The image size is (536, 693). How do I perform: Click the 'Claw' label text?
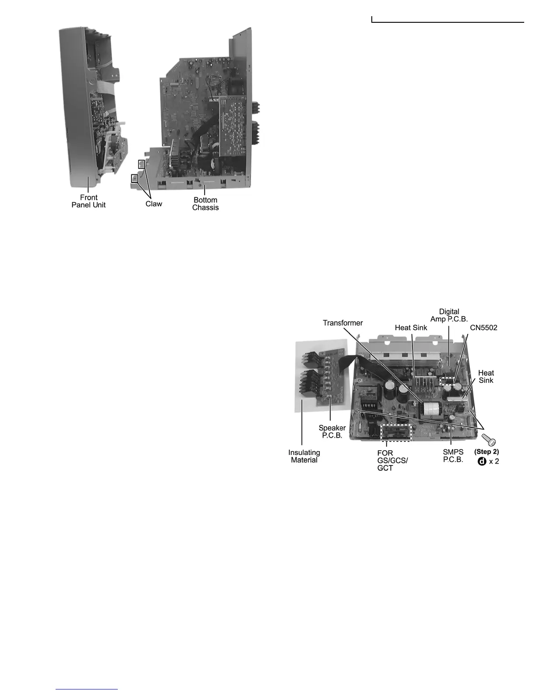coord(154,204)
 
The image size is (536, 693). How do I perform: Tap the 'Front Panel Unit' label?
coord(88,201)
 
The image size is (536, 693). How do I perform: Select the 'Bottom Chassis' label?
coord(205,204)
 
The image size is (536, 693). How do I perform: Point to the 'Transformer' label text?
coord(343,323)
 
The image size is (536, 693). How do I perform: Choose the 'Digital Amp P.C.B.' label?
coord(449,315)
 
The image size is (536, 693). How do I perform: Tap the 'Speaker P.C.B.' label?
coord(332,432)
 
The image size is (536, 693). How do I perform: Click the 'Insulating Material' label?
coord(304,456)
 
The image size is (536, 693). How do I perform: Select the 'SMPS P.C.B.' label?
coord(453,456)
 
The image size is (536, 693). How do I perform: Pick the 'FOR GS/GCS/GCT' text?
coord(392,460)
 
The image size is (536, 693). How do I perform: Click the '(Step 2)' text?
coord(487,451)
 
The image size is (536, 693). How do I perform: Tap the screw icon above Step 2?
coord(488,439)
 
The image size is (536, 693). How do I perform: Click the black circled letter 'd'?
coord(482,461)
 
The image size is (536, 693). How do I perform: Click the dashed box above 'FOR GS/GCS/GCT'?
coord(396,432)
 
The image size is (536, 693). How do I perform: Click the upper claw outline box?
coord(141,164)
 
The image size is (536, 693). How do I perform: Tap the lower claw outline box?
coord(135,178)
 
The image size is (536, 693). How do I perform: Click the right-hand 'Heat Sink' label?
coord(486,376)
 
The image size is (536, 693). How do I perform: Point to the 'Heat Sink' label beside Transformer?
coord(411,328)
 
